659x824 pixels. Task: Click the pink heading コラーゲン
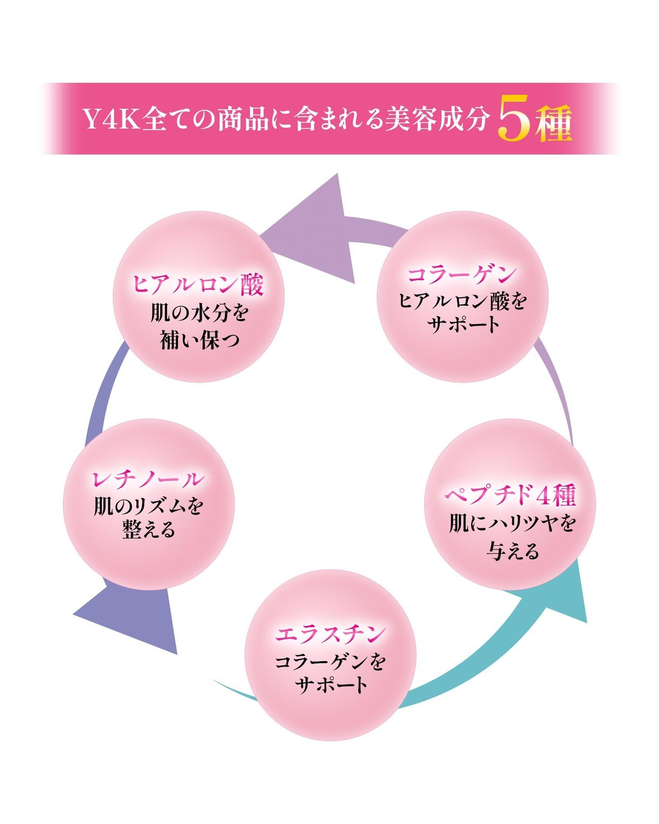point(462,274)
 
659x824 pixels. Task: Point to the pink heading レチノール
point(148,479)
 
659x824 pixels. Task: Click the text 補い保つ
point(200,340)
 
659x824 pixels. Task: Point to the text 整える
point(149,530)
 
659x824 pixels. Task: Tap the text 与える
point(513,552)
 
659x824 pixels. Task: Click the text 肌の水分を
point(199,313)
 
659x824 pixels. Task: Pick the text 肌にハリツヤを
point(511,524)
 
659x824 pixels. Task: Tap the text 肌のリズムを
point(149,506)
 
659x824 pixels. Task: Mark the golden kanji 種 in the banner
point(553,124)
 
